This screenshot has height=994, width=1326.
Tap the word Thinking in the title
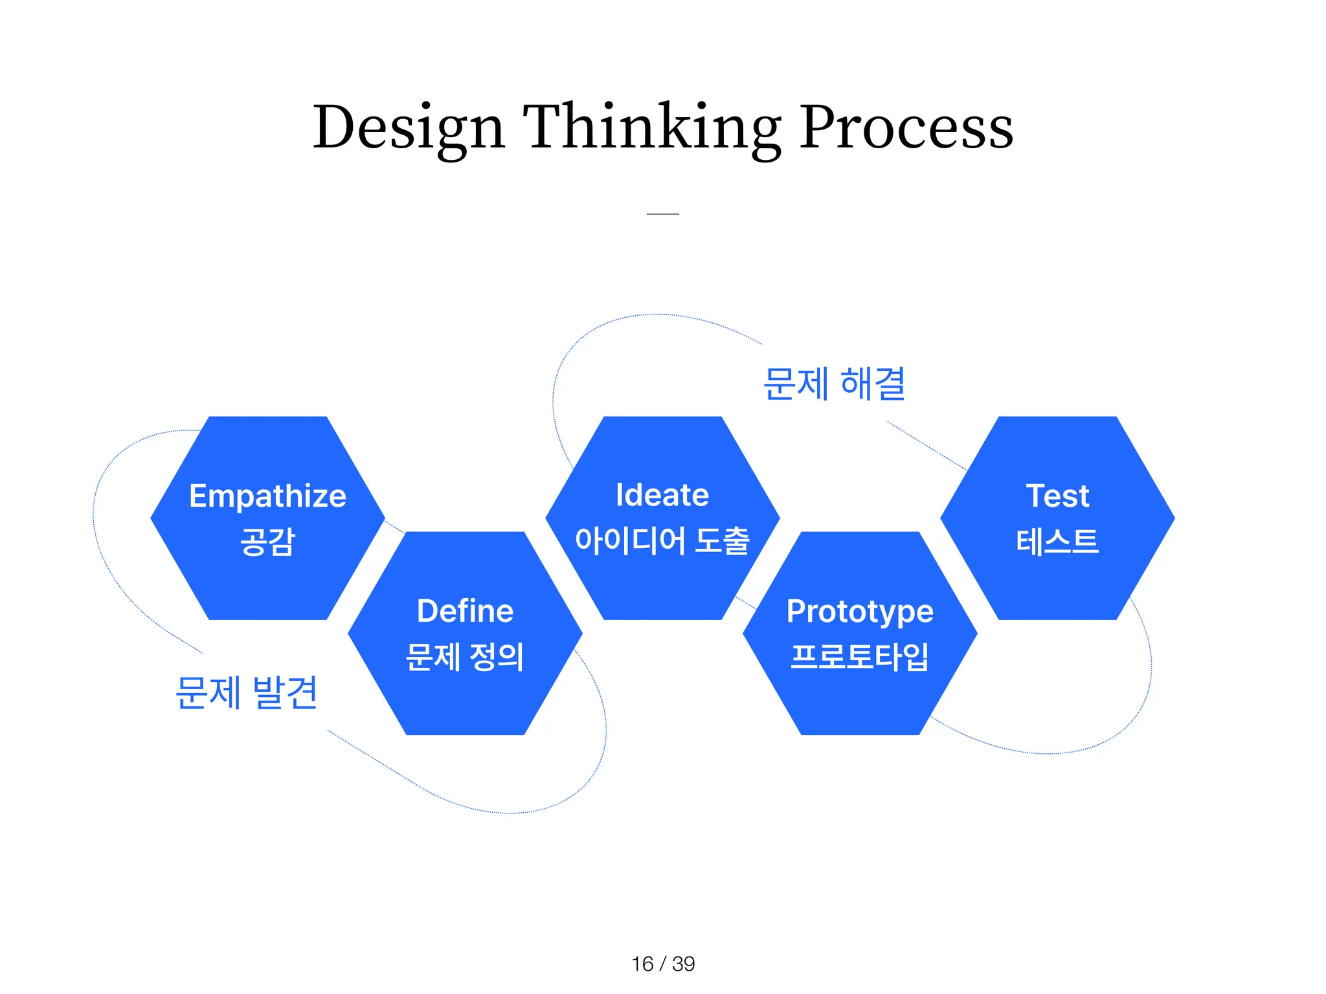(x=651, y=127)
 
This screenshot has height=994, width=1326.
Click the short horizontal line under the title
(x=662, y=214)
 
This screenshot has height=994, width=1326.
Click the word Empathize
(x=267, y=496)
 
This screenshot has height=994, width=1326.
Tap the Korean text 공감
(x=267, y=542)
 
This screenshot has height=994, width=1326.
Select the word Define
(x=465, y=612)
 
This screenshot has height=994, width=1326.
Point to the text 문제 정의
(x=465, y=657)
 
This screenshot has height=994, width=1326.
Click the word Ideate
(x=662, y=496)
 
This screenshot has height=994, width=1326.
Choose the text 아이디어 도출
(x=662, y=541)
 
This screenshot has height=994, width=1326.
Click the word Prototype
(x=860, y=612)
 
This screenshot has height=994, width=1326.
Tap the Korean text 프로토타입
(x=860, y=657)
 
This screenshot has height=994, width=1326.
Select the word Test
(x=1057, y=496)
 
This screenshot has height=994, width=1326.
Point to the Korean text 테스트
(x=1057, y=542)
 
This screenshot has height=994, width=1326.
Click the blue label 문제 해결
(x=834, y=384)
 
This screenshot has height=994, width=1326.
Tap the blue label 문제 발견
(x=246, y=693)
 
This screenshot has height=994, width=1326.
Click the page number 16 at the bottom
(x=642, y=964)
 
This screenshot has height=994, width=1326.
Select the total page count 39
(x=683, y=964)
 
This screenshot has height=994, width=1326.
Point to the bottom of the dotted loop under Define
(x=511, y=813)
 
